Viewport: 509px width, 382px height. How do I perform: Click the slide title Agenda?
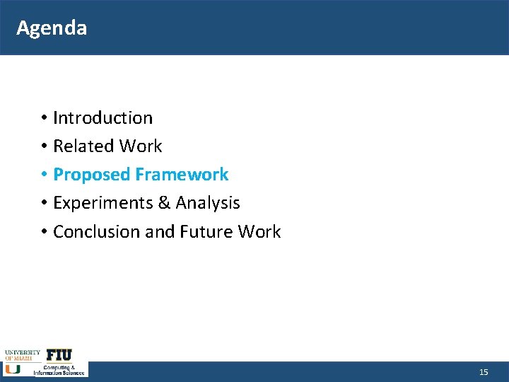[52, 28]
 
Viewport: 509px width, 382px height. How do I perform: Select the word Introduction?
[103, 117]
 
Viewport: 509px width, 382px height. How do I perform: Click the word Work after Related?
[141, 146]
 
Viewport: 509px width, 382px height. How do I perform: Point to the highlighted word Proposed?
[92, 175]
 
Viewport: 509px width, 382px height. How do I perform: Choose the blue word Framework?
[182, 175]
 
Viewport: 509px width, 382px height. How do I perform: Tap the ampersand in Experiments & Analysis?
[164, 203]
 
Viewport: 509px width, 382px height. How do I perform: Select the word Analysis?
[208, 204]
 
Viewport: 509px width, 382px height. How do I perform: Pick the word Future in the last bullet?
[206, 232]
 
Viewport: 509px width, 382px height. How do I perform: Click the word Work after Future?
[259, 232]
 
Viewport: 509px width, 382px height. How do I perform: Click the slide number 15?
[484, 372]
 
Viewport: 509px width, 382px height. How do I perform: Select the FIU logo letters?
[59, 355]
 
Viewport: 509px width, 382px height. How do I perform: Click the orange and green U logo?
[13, 369]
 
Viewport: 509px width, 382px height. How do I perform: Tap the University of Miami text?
[22, 354]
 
